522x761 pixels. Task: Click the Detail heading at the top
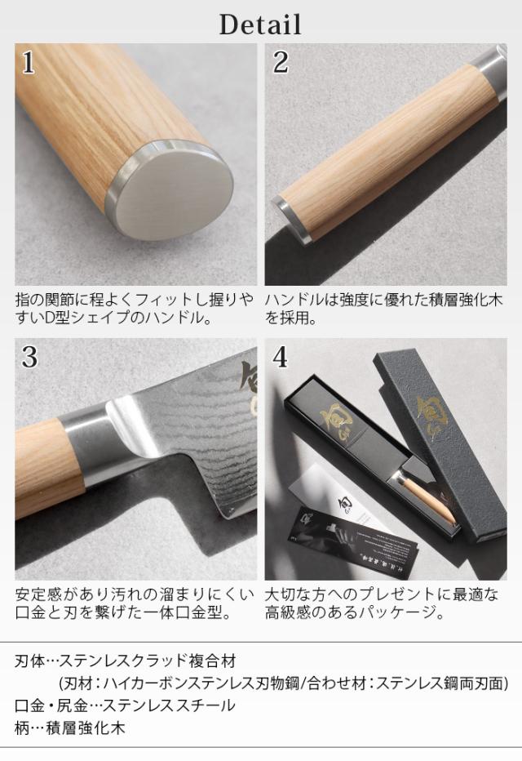[260, 24]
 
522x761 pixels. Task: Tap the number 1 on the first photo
[29, 63]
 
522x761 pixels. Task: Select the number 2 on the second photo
[281, 63]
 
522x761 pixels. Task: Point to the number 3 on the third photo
[29, 358]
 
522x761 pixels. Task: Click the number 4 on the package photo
[281, 357]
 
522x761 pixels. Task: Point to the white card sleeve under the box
[339, 490]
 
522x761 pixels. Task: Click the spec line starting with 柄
[70, 728]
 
